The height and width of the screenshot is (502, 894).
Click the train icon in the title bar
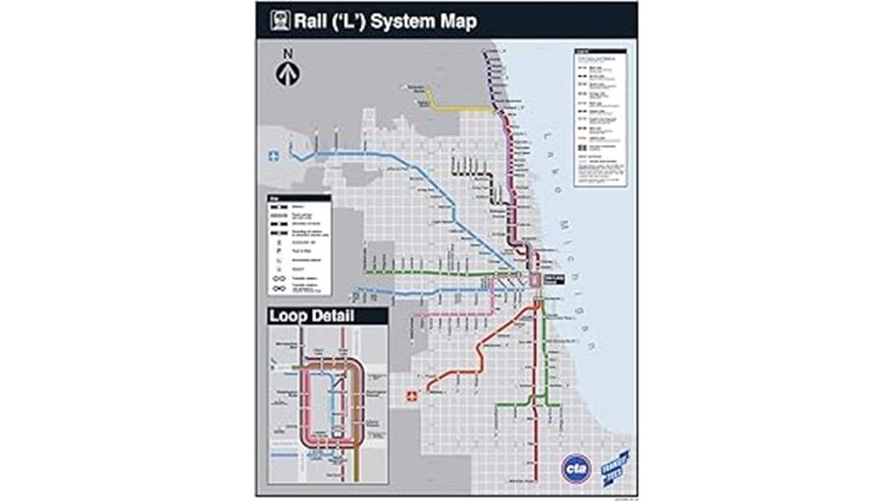[x=280, y=20]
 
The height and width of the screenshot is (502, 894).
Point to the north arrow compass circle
[x=287, y=75]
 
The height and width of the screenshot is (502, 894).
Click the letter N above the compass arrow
[x=287, y=55]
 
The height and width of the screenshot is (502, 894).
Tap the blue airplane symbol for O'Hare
[x=274, y=156]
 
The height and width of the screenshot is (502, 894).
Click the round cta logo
[x=576, y=469]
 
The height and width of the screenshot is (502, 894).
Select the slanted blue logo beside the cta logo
[x=617, y=464]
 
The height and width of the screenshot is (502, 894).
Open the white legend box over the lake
[x=599, y=117]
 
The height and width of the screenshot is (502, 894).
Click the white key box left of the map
[x=299, y=244]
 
